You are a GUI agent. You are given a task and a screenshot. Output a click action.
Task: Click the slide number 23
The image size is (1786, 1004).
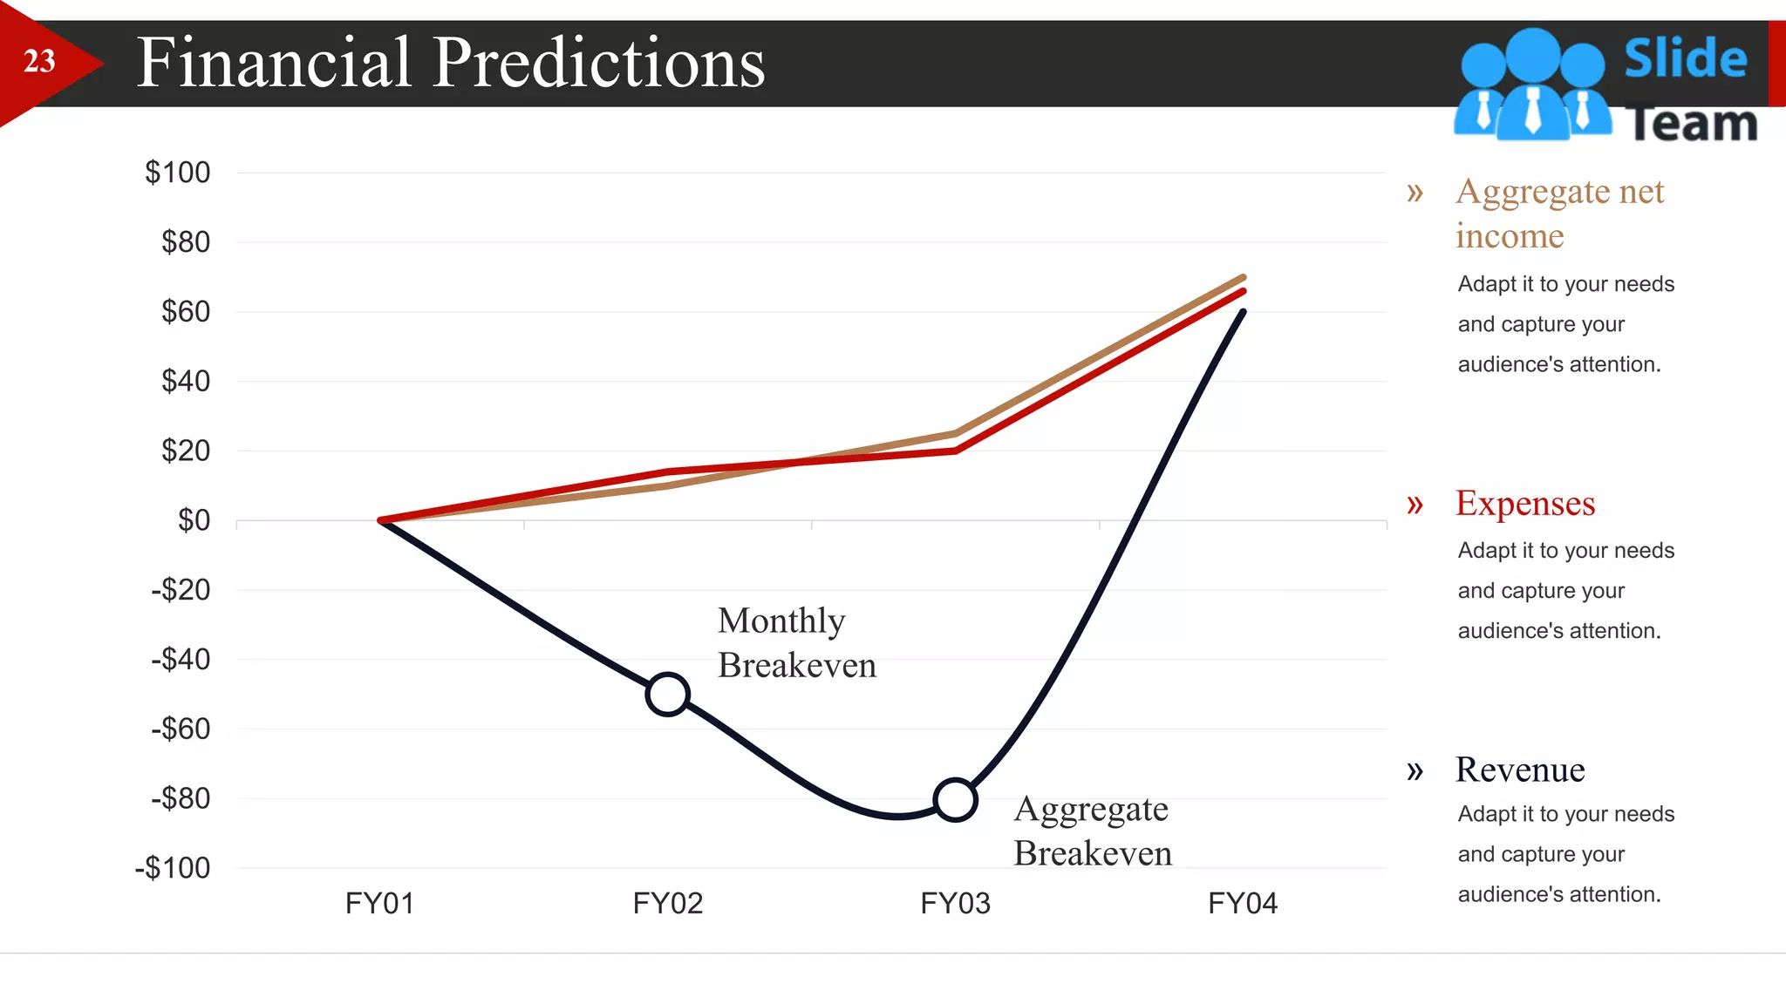tap(39, 61)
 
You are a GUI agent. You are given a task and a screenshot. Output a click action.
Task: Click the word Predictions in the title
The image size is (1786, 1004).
tap(598, 63)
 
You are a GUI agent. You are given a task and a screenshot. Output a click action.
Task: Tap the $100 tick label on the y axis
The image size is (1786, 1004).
tap(177, 173)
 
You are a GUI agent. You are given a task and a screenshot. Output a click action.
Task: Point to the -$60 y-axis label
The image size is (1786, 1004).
tap(181, 729)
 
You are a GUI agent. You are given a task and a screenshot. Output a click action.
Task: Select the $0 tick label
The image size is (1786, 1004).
tap(194, 520)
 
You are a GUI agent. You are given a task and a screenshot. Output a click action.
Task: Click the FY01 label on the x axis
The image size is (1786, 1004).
tap(379, 903)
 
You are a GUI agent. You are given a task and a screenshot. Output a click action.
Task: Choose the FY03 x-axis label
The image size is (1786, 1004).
tap(955, 903)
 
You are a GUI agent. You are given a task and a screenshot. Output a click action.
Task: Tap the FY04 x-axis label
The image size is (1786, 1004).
tap(1243, 903)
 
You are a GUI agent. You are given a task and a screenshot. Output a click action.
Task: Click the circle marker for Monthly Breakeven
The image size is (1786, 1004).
tap(668, 695)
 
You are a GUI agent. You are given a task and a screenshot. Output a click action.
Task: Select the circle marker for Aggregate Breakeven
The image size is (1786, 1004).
tap(955, 800)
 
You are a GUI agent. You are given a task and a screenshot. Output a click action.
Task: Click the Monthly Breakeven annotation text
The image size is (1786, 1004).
tap(795, 643)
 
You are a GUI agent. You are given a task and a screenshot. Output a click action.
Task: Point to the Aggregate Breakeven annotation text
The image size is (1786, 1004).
tap(1092, 831)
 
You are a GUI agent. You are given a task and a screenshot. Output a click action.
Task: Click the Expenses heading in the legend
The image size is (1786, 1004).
tap(1525, 504)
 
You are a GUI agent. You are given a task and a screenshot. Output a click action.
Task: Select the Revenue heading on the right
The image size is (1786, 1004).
tap(1520, 770)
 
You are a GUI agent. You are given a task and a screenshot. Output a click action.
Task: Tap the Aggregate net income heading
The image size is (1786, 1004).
tap(1559, 213)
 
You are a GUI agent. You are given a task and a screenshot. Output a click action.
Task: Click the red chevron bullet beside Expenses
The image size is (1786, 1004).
tap(1414, 504)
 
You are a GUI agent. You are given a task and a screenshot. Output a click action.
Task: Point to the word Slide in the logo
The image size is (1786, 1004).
tap(1685, 58)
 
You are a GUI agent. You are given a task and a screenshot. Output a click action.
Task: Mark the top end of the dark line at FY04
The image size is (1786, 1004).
tap(1243, 312)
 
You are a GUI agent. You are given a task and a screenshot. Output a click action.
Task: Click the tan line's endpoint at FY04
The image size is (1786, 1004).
tap(1243, 278)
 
